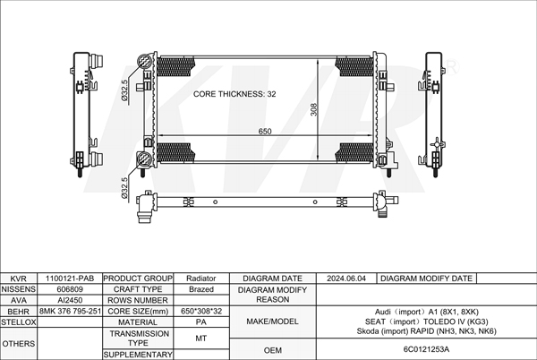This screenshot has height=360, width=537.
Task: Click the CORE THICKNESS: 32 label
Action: coord(234,94)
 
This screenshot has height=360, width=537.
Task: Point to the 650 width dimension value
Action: coord(265,131)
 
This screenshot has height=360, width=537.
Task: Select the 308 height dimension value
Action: coord(314,109)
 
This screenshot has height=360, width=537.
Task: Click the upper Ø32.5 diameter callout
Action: coord(124,90)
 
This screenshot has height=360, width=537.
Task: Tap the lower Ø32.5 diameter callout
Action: coord(124,188)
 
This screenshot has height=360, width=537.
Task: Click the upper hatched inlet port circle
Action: coord(144,62)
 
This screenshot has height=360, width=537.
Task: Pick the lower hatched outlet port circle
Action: coord(144,159)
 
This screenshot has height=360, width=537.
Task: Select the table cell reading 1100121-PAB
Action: coord(70,279)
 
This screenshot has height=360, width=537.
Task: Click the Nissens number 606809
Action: coord(70,289)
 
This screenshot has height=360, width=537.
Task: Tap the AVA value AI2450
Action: coord(70,300)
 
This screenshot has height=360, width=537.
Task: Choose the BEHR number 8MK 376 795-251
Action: coord(70,311)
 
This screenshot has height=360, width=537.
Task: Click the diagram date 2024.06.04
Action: coord(345,279)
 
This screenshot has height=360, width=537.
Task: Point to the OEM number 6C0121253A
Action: coord(426,349)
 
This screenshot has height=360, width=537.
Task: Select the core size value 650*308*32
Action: coord(201,311)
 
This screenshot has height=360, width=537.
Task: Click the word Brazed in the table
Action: coord(201,289)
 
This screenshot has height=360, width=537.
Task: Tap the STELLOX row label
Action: coord(19,322)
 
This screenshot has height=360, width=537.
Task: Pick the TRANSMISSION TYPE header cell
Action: coord(139,339)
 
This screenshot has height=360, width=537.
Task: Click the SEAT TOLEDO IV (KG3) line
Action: coord(426,321)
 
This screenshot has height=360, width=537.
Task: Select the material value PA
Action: coord(201,322)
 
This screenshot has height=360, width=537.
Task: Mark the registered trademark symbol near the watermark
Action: coord(452,68)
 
